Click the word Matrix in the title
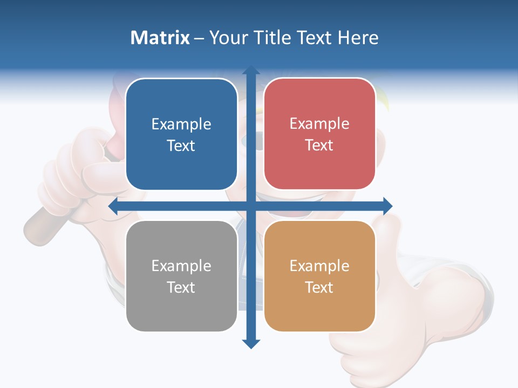click(160, 38)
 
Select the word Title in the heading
click(269, 38)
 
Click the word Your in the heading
click(228, 38)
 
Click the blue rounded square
click(181, 134)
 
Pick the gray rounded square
click(181, 276)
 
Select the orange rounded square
click(319, 276)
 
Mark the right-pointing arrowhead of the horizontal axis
click(387, 206)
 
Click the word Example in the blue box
click(181, 124)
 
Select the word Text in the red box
click(319, 145)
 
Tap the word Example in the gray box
click(181, 266)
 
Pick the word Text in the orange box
click(319, 287)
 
